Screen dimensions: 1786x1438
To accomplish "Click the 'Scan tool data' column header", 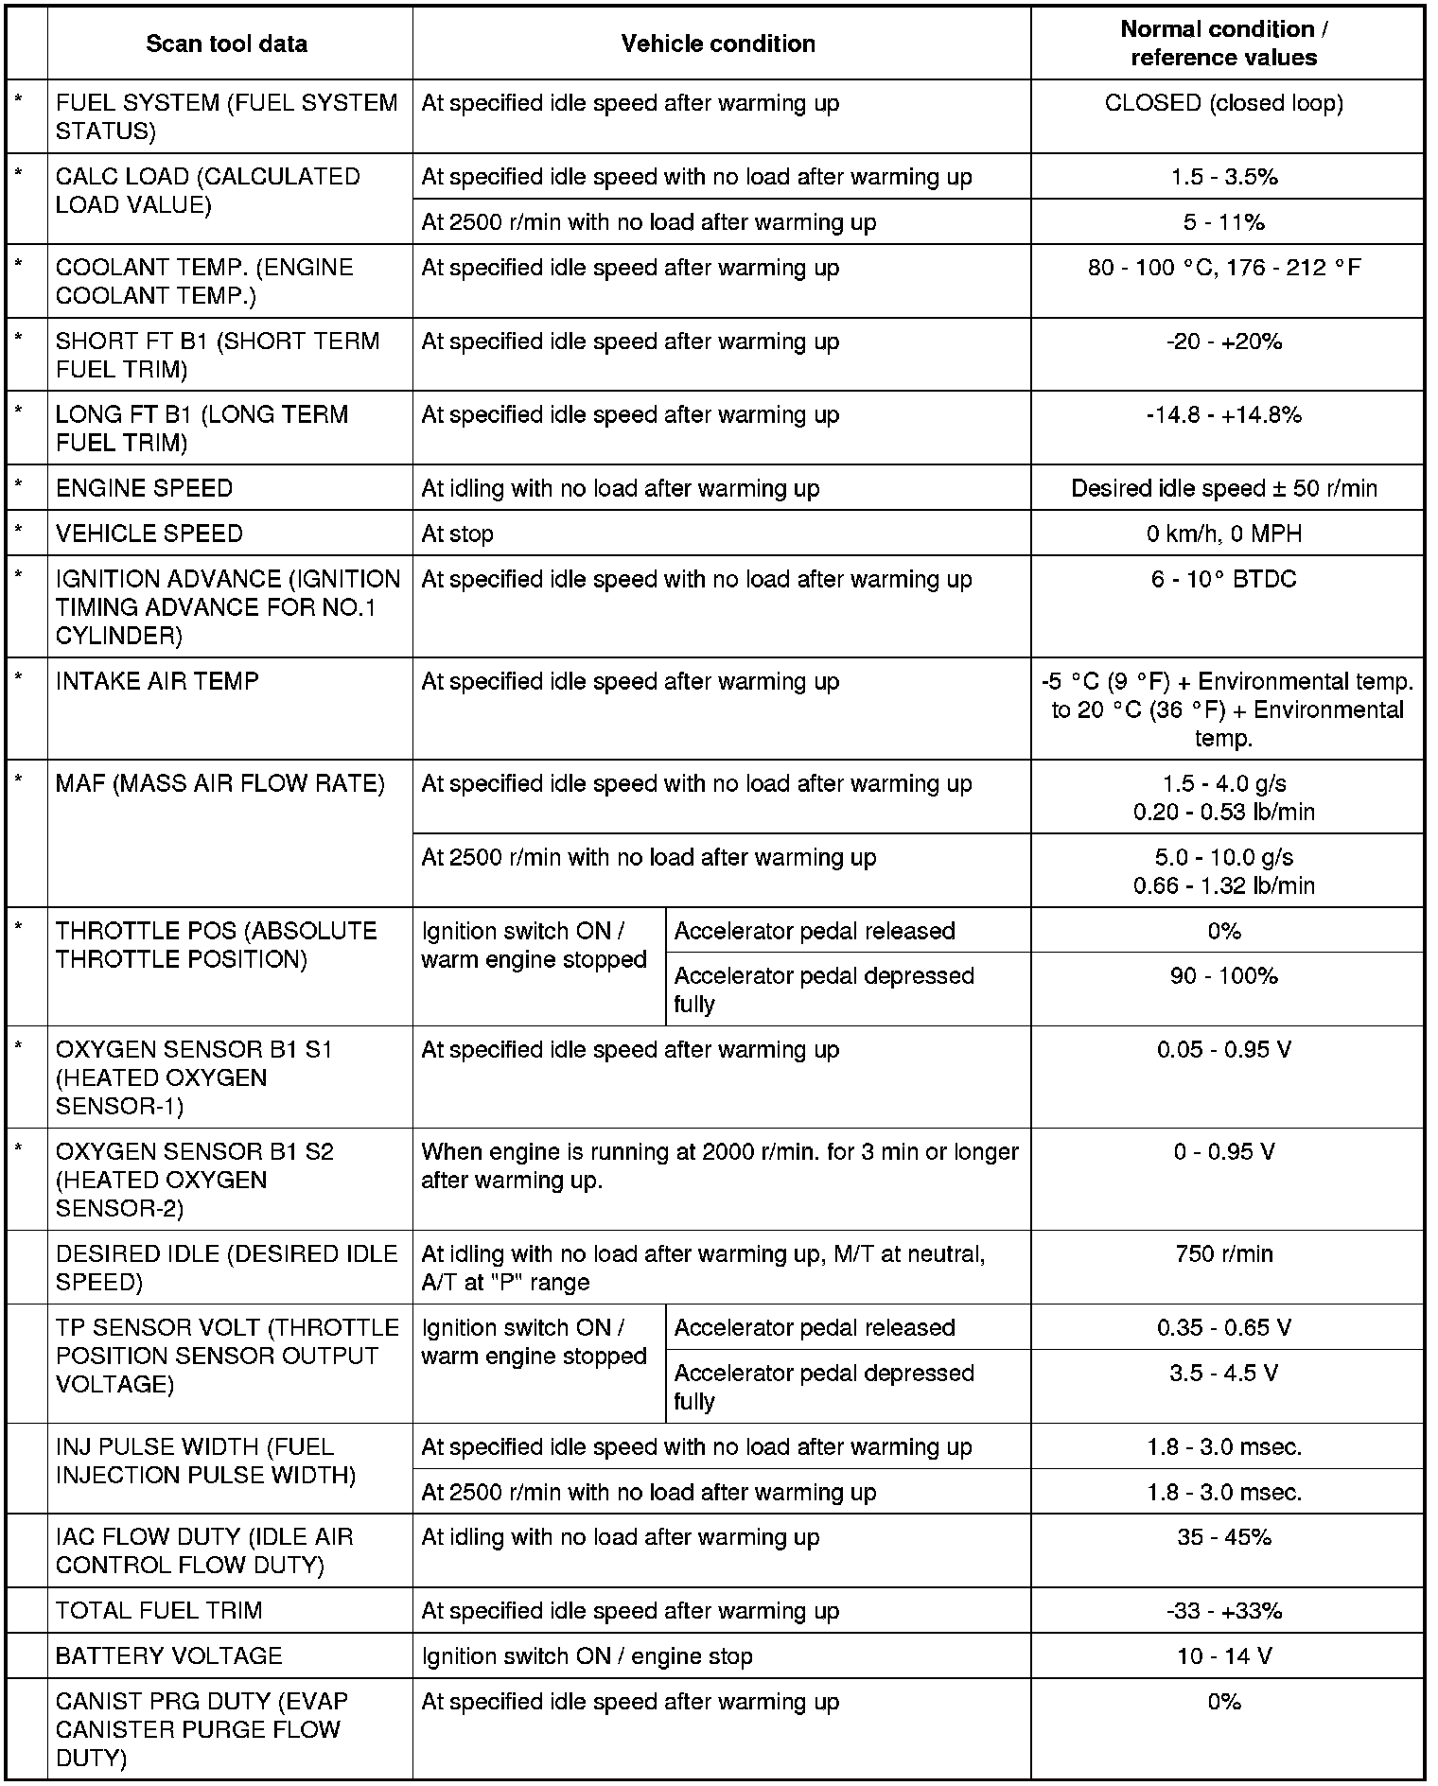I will click(227, 44).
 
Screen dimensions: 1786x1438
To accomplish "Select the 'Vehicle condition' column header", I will click(718, 44).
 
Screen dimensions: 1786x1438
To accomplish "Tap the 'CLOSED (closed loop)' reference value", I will click(1223, 103).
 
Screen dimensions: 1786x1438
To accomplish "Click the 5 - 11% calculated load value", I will click(1223, 222).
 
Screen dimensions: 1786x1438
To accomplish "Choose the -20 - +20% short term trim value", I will click(1223, 341).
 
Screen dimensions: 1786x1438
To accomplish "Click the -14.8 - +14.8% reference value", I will click(1223, 415).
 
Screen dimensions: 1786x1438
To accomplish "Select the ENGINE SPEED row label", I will click(145, 488).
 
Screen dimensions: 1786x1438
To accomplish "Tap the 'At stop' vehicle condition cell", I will click(458, 534).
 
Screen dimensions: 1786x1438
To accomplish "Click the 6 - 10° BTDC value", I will click(1223, 580).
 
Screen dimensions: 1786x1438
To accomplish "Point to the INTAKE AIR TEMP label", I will click(157, 682).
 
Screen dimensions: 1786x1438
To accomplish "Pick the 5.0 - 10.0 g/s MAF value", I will click(1223, 858).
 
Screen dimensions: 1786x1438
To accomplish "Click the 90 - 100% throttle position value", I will click(1223, 976).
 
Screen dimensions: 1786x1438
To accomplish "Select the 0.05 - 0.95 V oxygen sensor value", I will click(1223, 1050).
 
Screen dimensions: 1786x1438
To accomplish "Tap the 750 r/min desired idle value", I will click(1223, 1254).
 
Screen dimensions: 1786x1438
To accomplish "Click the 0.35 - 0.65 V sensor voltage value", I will click(1223, 1328).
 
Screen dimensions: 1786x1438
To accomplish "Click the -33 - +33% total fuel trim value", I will click(1223, 1611).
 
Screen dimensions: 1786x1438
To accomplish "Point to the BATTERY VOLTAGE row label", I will click(169, 1656).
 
